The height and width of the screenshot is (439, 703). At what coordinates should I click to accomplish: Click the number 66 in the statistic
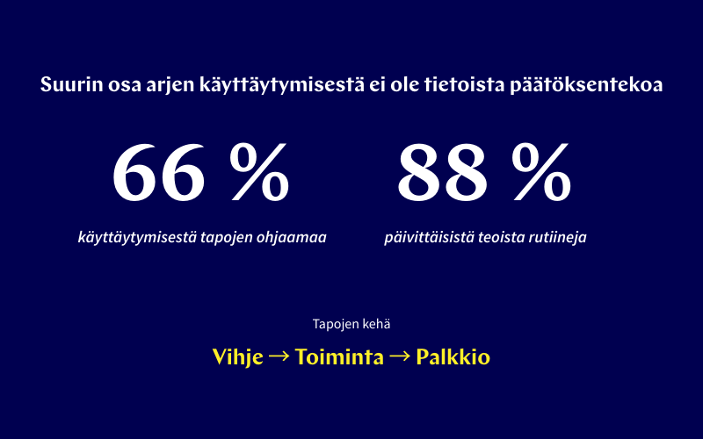(158, 171)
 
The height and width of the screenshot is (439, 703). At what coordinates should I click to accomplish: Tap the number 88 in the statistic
(443, 171)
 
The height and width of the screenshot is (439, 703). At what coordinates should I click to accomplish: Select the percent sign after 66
(259, 171)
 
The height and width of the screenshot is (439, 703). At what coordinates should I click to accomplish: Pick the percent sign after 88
(542, 171)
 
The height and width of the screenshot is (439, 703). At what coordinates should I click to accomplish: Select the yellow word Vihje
(237, 357)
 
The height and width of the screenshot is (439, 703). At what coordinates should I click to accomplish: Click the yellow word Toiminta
(339, 357)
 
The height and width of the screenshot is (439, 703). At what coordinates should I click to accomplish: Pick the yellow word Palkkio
(453, 357)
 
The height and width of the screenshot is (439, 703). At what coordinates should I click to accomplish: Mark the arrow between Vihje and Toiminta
(279, 357)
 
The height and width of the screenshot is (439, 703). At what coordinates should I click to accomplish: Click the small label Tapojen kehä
(351, 323)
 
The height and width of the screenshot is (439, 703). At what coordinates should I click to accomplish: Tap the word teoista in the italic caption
(492, 237)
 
